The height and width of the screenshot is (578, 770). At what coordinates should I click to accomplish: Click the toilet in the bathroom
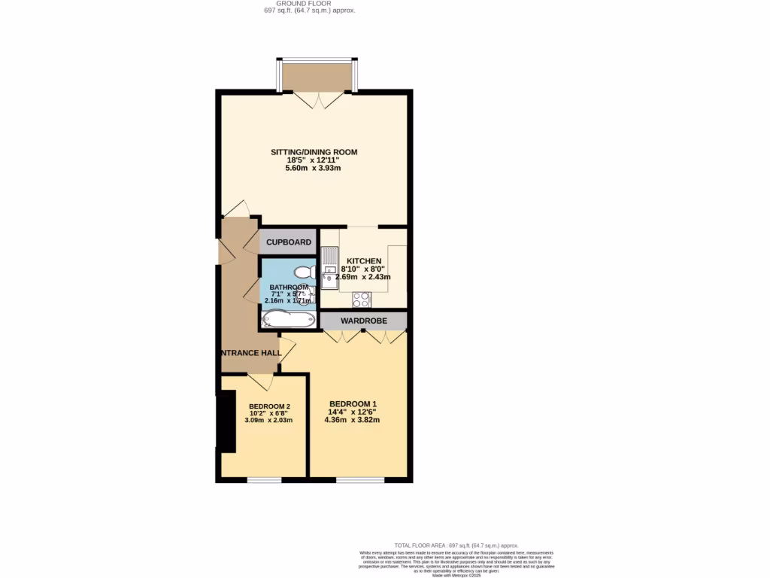click(304, 272)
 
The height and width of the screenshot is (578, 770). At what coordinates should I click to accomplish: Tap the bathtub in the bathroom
click(288, 320)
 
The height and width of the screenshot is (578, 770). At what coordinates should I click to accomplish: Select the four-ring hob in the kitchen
click(360, 299)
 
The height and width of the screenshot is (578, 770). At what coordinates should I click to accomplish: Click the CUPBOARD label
click(289, 242)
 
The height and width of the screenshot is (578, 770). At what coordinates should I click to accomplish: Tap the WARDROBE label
click(364, 321)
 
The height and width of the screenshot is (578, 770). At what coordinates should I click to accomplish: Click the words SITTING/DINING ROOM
click(314, 152)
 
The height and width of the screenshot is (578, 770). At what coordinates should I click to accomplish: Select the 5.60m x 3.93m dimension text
click(314, 168)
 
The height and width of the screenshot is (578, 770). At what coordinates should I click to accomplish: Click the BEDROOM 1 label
click(352, 404)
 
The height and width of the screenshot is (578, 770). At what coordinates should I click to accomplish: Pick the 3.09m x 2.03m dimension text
click(269, 420)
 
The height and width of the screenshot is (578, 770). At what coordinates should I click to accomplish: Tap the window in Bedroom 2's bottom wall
click(264, 479)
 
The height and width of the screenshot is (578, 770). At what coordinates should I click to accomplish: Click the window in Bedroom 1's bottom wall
click(359, 479)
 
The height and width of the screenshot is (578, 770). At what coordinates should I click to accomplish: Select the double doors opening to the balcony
click(315, 99)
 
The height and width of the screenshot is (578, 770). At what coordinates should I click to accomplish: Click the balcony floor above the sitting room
click(317, 76)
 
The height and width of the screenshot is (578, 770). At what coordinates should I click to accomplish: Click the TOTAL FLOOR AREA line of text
click(456, 546)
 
